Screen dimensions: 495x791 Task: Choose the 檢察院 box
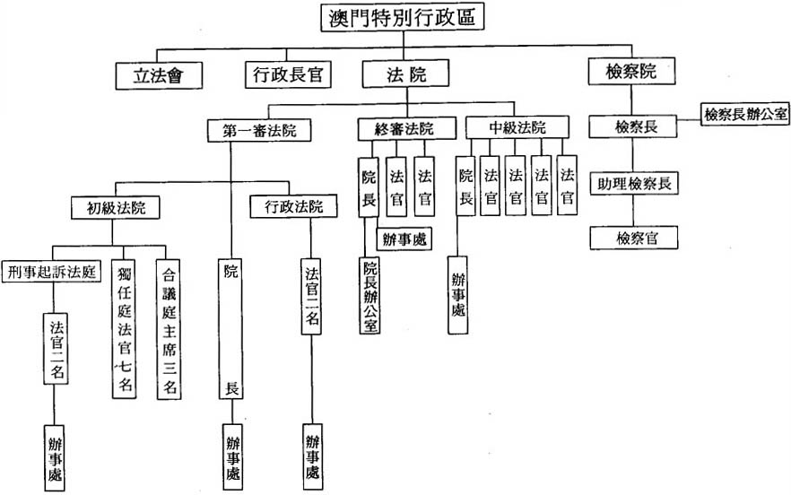(x=631, y=72)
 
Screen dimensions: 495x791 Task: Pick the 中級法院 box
(x=517, y=127)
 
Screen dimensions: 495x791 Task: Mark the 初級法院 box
(x=116, y=209)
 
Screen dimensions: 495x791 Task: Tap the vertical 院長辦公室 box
(x=369, y=296)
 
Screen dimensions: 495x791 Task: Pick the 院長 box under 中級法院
(x=465, y=187)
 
